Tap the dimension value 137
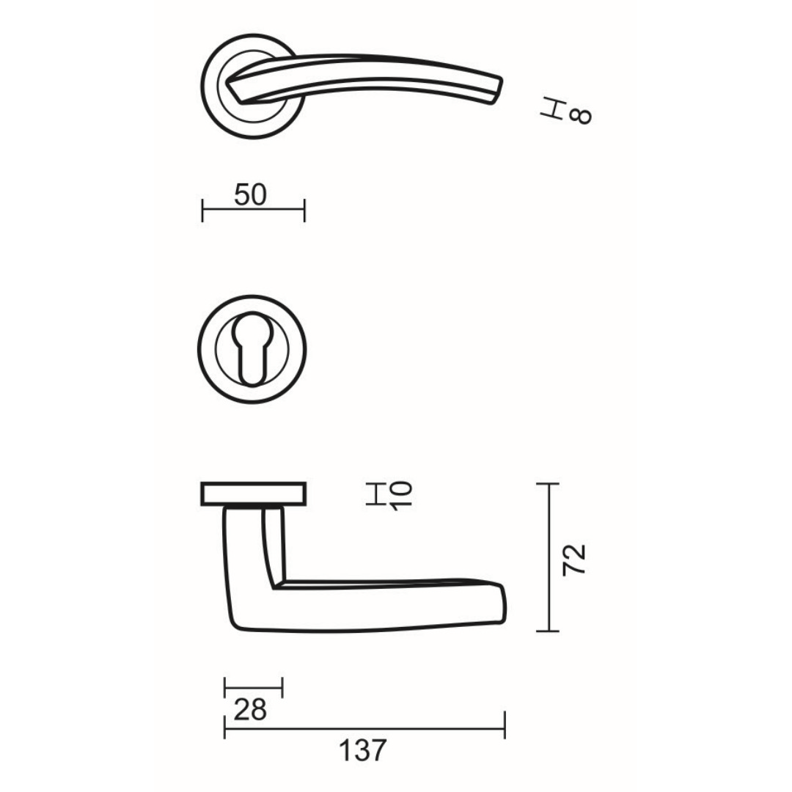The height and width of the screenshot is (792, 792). (363, 750)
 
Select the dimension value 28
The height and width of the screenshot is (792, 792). (250, 710)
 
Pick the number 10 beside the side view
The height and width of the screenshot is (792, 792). (402, 494)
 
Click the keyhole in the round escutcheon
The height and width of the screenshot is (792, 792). (252, 350)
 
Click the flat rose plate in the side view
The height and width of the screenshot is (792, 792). (254, 494)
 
